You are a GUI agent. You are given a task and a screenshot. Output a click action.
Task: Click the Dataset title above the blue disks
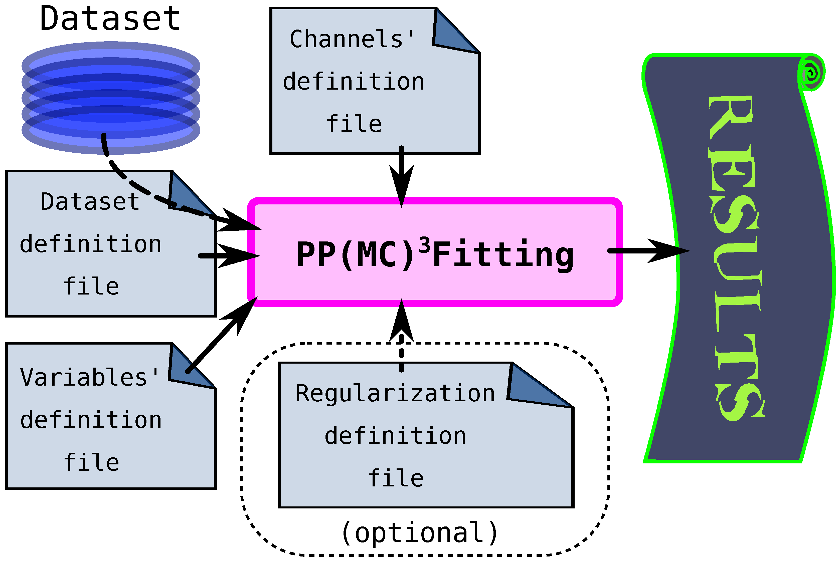110,19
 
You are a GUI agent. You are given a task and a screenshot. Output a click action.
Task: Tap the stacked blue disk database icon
111,98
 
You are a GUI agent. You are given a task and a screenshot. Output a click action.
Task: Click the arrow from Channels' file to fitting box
401,176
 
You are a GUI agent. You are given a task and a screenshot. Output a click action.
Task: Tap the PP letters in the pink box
316,254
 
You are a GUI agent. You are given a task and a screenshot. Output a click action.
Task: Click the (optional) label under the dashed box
419,533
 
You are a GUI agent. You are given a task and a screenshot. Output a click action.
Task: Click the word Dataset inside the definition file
90,202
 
